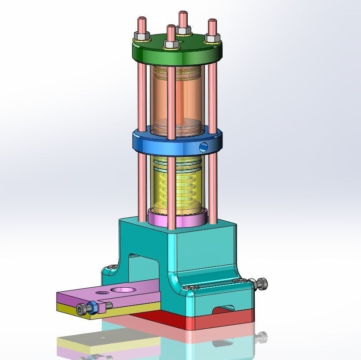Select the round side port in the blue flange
(203, 146)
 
